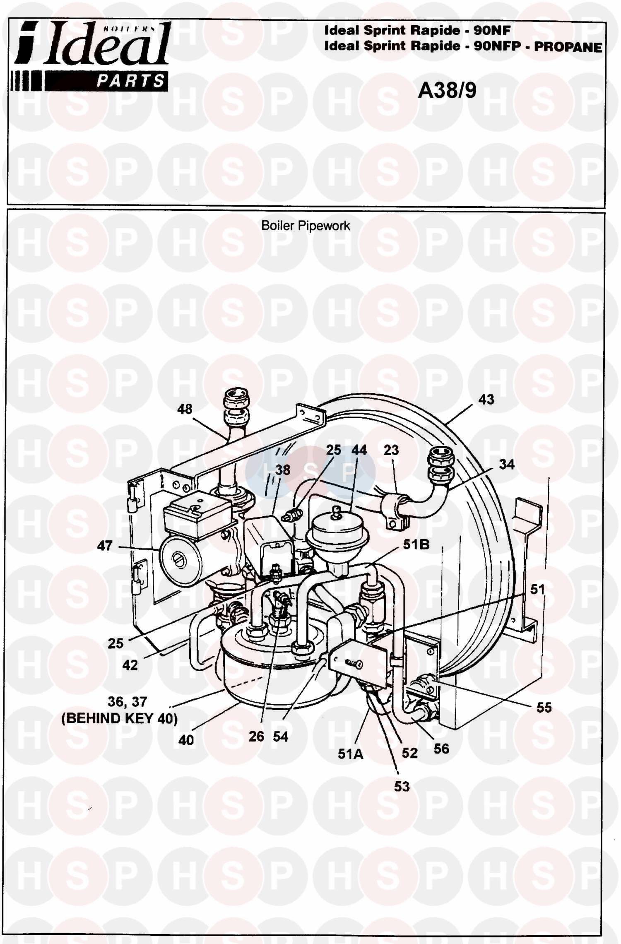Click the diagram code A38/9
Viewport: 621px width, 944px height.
pyautogui.click(x=447, y=90)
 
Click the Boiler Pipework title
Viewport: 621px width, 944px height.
pyautogui.click(x=306, y=226)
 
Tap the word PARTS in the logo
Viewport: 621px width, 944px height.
pyautogui.click(x=130, y=80)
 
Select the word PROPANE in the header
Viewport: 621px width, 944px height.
pyautogui.click(x=568, y=46)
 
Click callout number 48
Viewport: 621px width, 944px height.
pyautogui.click(x=185, y=409)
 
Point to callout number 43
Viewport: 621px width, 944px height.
pyautogui.click(x=486, y=399)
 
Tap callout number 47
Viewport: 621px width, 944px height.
pyautogui.click(x=104, y=545)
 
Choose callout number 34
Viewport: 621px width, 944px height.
pyautogui.click(x=506, y=464)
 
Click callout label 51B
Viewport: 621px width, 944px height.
pyautogui.click(x=416, y=544)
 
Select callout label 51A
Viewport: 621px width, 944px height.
pyautogui.click(x=351, y=754)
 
